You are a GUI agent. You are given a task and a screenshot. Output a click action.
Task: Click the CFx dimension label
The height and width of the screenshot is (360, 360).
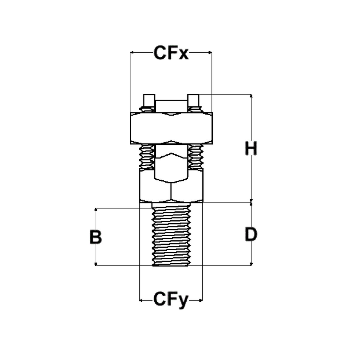[x=171, y=53]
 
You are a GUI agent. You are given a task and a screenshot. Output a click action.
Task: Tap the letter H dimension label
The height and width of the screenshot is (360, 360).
[x=251, y=149]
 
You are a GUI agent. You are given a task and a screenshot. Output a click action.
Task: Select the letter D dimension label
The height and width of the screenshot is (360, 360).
[x=251, y=235]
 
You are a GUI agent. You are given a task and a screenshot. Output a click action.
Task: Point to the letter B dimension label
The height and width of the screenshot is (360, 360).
[x=95, y=237]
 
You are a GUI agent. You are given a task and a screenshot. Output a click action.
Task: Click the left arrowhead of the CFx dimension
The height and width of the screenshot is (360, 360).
[x=132, y=53]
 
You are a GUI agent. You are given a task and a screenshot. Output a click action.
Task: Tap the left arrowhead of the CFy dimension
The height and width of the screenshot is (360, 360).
[x=142, y=301]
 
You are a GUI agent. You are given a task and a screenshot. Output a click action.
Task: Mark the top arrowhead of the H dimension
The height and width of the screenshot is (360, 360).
[x=251, y=96]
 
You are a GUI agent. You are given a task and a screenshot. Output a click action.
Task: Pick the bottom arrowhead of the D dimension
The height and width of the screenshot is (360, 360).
[x=251, y=263]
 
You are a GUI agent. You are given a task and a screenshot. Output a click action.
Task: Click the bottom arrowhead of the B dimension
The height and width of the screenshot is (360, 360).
[x=96, y=263]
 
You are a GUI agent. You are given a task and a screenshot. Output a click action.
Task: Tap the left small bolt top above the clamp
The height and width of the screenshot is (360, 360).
[x=148, y=100]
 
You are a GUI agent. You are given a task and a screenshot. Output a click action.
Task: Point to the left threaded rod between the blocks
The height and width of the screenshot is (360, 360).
[x=147, y=156]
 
